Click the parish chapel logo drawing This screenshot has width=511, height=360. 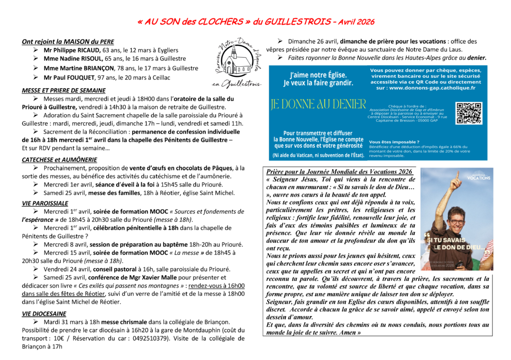[238, 62]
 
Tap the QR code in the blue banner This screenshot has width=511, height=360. [469, 113]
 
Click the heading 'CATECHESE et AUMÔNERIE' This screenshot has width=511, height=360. [59, 160]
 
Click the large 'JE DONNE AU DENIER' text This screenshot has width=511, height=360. [318, 104]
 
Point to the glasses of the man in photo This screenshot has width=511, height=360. [455, 222]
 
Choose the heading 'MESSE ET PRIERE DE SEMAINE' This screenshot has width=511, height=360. [63, 90]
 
